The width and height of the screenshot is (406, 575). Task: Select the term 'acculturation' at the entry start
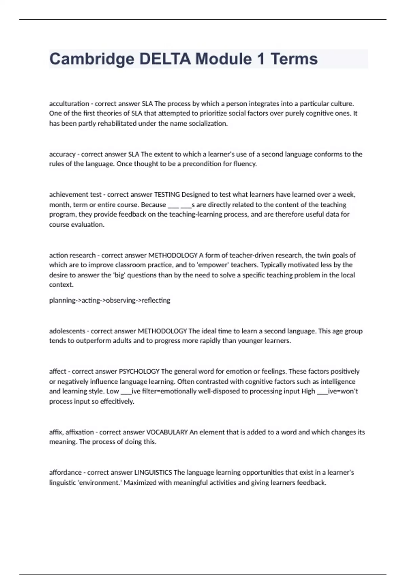click(69, 103)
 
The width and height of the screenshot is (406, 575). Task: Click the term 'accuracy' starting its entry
click(62, 154)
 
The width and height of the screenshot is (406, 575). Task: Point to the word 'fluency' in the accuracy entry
click(245, 164)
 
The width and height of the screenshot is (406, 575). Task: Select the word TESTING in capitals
click(167, 194)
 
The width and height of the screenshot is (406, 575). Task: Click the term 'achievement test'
click(75, 194)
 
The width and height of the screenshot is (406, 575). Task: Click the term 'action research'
click(72, 255)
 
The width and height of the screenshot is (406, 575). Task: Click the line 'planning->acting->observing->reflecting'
click(110, 300)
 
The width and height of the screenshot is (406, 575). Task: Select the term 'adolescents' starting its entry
click(67, 331)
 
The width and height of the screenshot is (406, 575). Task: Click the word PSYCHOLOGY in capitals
click(139, 371)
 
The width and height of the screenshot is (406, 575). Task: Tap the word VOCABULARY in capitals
click(167, 432)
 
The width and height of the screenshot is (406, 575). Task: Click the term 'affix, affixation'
click(71, 432)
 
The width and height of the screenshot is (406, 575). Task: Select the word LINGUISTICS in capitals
click(153, 473)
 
